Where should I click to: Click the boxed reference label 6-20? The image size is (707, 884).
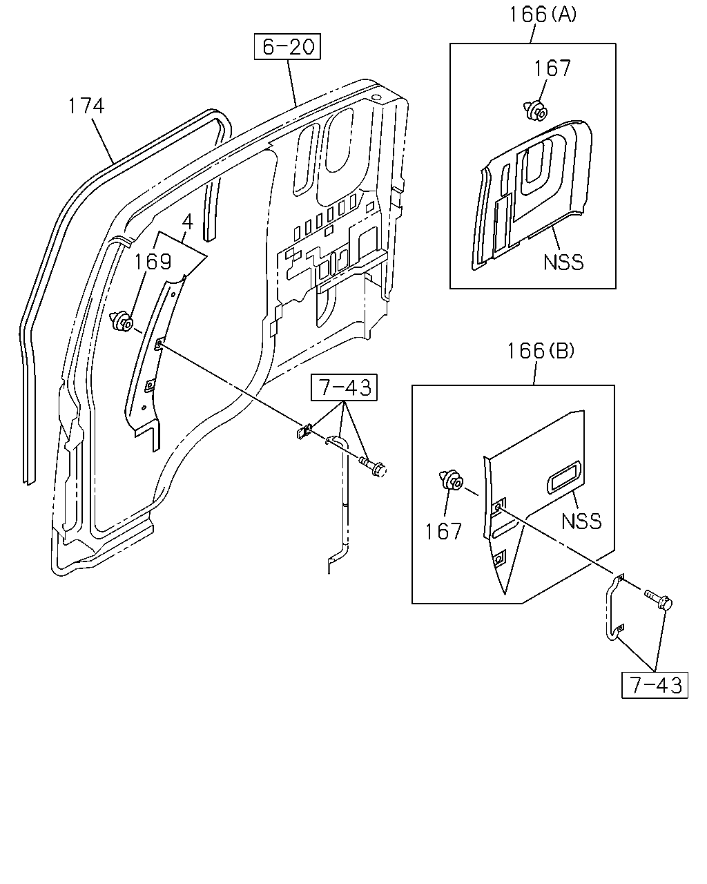click(287, 46)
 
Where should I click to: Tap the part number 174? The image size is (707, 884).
click(86, 106)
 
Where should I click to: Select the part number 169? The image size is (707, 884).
click(153, 261)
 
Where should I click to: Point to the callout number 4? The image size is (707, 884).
click(187, 222)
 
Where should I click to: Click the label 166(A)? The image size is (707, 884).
click(543, 15)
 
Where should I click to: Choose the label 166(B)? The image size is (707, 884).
click(541, 352)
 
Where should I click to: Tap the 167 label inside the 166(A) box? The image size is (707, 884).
click(552, 68)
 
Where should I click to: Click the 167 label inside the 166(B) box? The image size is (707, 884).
click(443, 532)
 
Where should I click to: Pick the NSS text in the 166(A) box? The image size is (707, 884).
click(563, 262)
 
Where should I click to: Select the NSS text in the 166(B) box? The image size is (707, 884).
click(581, 521)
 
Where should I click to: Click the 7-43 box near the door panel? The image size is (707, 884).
click(344, 387)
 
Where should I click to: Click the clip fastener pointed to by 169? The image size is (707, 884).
click(122, 322)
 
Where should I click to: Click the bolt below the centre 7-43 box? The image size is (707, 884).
click(372, 467)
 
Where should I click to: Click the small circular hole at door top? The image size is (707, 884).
click(375, 97)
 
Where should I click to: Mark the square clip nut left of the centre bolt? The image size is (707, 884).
click(304, 432)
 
